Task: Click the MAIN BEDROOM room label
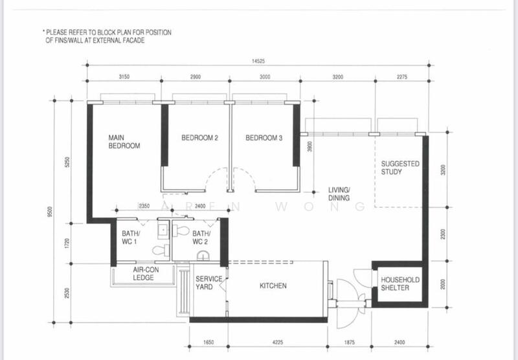pyautogui.click(x=124, y=141)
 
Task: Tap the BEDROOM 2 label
pyautogui.click(x=199, y=137)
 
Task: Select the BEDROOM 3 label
pyautogui.click(x=264, y=137)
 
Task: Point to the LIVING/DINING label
pyautogui.click(x=339, y=194)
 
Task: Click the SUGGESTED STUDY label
pyautogui.click(x=400, y=168)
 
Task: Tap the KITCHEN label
pyautogui.click(x=273, y=286)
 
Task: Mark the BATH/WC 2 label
pyautogui.click(x=201, y=238)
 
